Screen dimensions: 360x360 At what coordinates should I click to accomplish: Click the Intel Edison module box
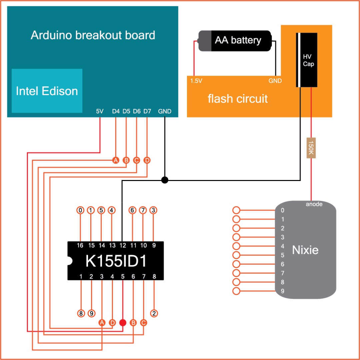click(47, 91)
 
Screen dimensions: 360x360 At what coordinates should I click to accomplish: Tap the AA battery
click(235, 41)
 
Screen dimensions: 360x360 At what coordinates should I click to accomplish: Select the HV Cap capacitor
click(306, 60)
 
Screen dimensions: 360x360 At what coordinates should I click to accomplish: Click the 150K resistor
click(311, 148)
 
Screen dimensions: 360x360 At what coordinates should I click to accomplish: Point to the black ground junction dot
click(164, 180)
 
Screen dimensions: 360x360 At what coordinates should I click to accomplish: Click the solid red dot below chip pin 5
click(123, 323)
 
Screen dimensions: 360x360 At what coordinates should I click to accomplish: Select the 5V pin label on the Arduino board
click(100, 111)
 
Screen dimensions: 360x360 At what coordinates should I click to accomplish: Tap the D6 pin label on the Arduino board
click(137, 111)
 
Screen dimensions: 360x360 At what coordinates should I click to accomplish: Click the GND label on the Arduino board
click(165, 111)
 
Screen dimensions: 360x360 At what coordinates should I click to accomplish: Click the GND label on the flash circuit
click(275, 81)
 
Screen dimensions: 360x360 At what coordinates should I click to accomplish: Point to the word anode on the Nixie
click(314, 204)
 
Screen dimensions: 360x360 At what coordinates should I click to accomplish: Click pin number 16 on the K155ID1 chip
click(80, 246)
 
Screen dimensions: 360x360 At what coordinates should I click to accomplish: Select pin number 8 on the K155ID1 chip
click(154, 276)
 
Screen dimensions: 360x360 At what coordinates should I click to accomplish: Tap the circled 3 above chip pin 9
click(153, 210)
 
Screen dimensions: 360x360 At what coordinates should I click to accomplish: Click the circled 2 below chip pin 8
click(154, 313)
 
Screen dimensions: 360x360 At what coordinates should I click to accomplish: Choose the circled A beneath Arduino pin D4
click(116, 160)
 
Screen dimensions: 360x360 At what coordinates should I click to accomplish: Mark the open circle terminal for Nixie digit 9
click(236, 291)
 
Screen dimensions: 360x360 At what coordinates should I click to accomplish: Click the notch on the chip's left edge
click(69, 261)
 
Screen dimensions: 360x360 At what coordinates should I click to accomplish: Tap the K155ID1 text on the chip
click(116, 261)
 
